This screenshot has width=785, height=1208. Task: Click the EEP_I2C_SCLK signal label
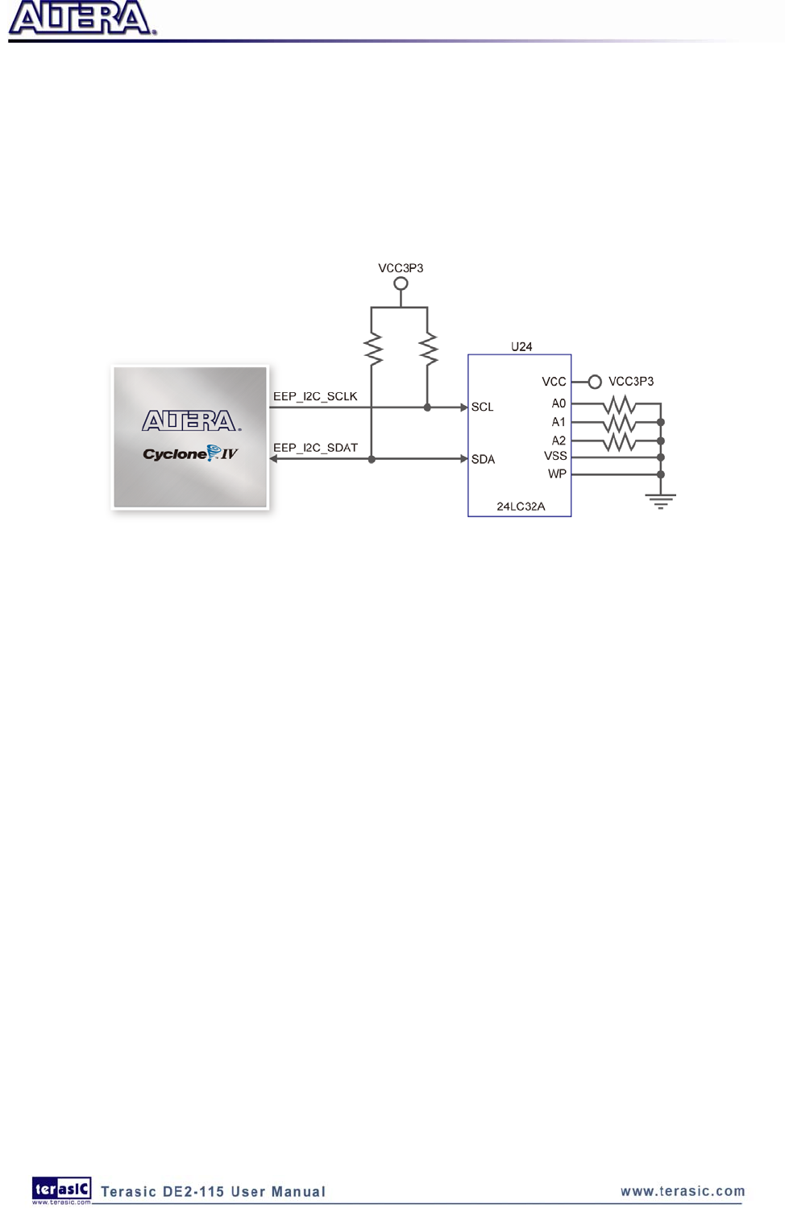point(315,396)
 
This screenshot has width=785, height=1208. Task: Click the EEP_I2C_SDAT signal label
point(315,448)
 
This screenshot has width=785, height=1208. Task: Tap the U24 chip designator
point(521,346)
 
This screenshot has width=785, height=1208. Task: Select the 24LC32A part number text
point(521,507)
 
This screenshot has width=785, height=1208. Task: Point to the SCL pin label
point(482,407)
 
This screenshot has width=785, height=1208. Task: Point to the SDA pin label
point(483,459)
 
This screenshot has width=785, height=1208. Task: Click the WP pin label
point(557,474)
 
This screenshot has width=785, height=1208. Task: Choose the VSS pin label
point(555,456)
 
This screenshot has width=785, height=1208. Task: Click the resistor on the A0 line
point(619,404)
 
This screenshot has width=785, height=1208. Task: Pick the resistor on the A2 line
point(619,441)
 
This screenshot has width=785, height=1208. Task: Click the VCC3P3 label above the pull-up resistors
point(401,268)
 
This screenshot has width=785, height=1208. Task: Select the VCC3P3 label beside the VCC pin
point(631,382)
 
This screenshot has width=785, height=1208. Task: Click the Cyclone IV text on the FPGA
point(190,453)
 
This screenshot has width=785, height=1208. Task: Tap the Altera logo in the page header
point(81,19)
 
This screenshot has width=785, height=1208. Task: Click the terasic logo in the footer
point(61,1189)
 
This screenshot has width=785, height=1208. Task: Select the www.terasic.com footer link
point(683,1191)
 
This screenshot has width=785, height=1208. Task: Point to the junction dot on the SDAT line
point(372,459)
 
